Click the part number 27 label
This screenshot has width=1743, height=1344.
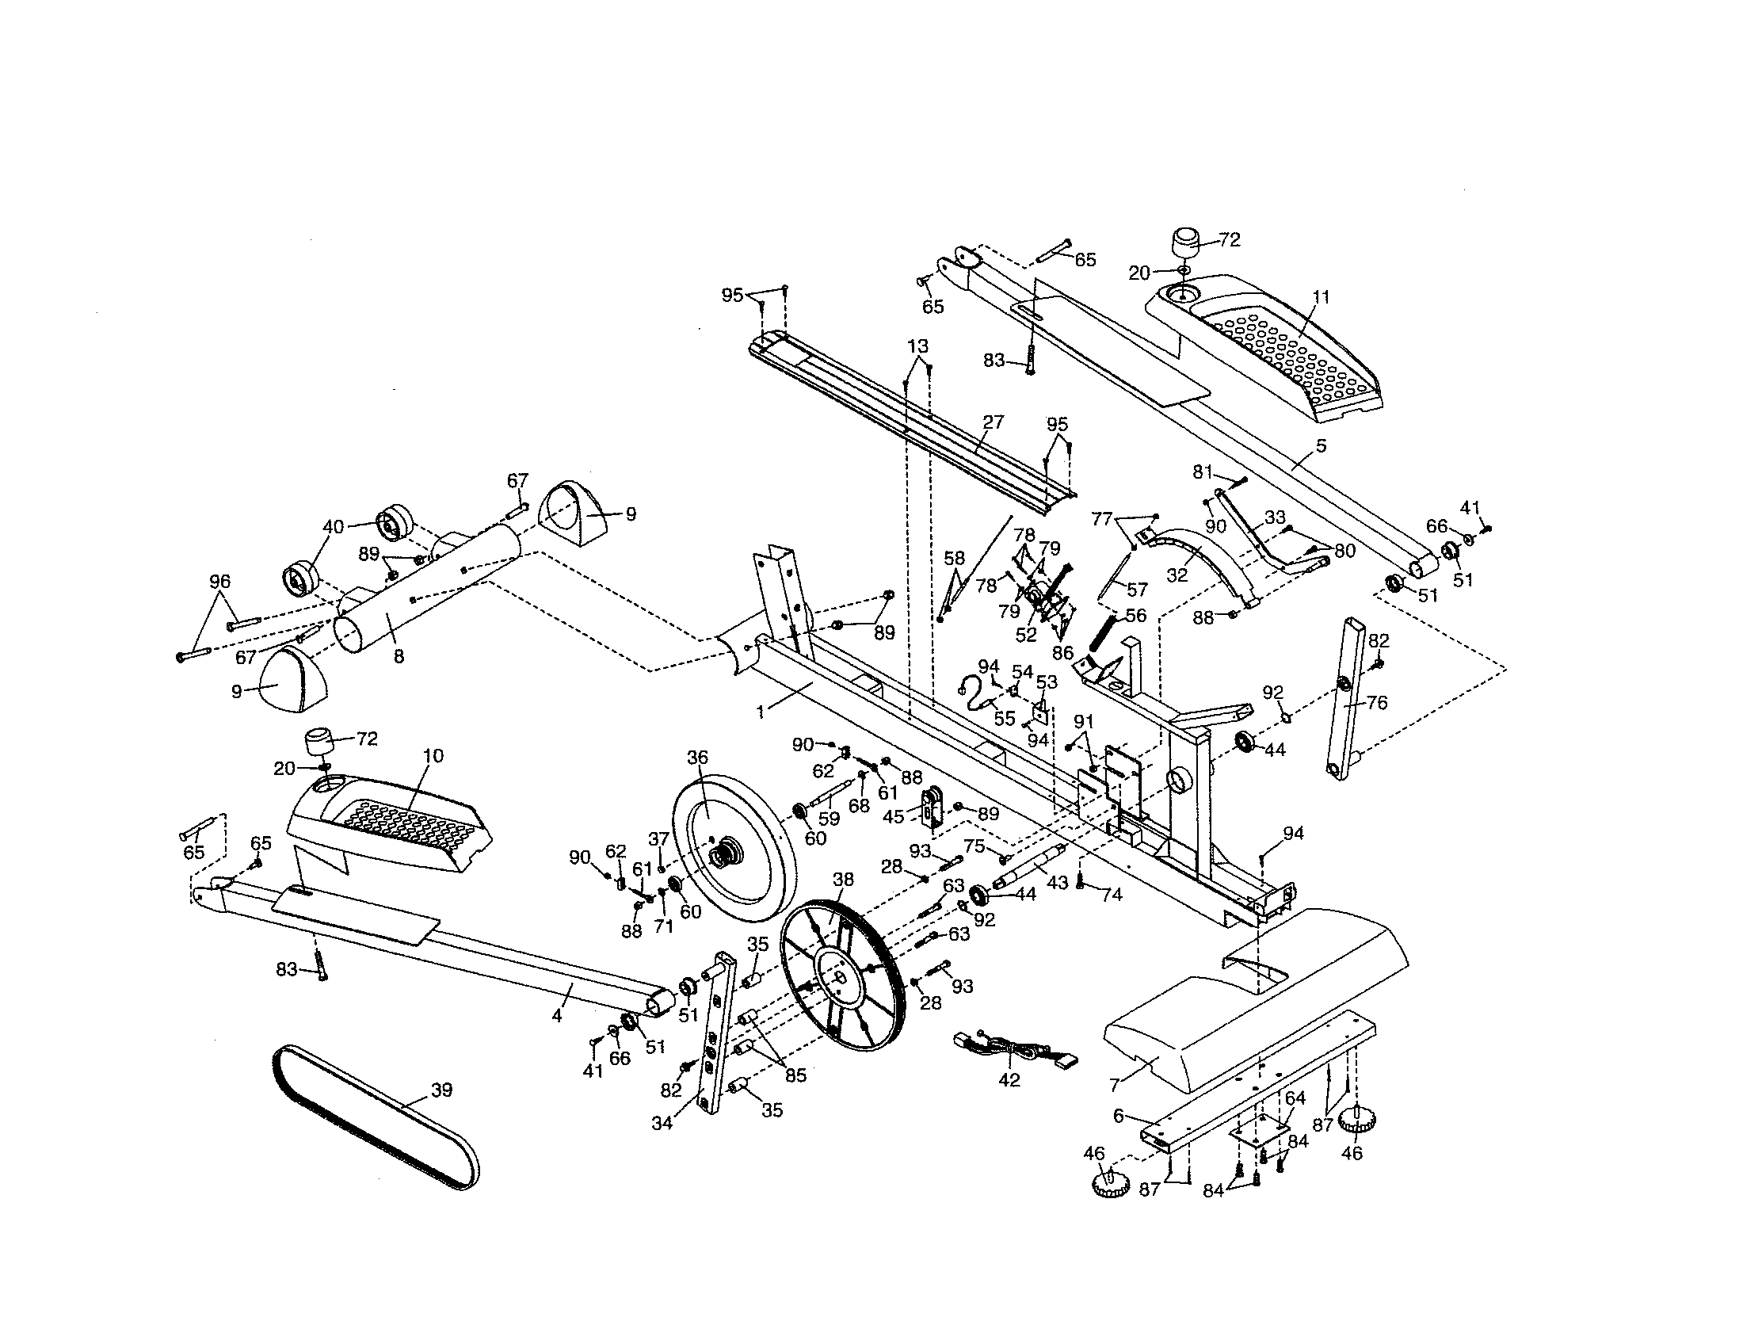pyautogui.click(x=993, y=422)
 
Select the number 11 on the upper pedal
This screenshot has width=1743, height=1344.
pyautogui.click(x=1322, y=298)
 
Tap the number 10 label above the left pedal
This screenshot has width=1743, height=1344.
pyautogui.click(x=433, y=755)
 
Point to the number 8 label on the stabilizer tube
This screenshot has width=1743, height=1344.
pyautogui.click(x=399, y=657)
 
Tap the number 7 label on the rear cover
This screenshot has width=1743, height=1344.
pyautogui.click(x=1115, y=1085)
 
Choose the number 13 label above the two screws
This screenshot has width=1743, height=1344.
pyautogui.click(x=917, y=346)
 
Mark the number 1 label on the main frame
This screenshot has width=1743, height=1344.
pyautogui.click(x=761, y=711)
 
